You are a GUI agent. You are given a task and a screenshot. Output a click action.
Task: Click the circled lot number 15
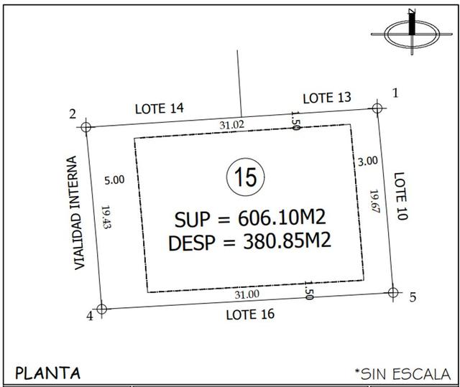pos(246,177)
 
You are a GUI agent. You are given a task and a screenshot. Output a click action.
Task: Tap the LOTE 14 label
pos(160,108)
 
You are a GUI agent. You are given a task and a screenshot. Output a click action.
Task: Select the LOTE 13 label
pos(327,98)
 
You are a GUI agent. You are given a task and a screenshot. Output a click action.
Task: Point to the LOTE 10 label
pos(400,196)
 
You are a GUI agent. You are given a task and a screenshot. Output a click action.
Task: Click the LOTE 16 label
pos(250,314)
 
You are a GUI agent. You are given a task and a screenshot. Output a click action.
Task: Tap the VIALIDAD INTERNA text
pos(75,213)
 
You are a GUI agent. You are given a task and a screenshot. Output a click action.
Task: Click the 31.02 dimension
pos(231,125)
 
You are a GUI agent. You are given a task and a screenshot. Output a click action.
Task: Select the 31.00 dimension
pos(247,294)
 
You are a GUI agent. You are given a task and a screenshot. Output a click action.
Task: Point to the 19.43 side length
pos(106,217)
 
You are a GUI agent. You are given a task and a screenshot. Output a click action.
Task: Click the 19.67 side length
pos(375,201)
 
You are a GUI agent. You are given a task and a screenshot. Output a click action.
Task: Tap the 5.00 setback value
pos(114,180)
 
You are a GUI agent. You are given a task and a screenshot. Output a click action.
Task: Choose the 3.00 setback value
pos(368,161)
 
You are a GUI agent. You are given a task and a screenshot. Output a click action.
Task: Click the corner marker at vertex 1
pos(377,108)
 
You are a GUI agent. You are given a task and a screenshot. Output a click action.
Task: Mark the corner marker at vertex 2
pos(86,127)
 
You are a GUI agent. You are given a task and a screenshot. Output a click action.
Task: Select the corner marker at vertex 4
pos(101,309)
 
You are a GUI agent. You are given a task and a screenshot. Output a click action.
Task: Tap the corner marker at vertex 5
pos(393,292)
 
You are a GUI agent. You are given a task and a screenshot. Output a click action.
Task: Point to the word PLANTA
pos(47,373)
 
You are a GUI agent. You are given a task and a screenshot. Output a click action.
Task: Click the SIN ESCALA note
pos(402,374)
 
